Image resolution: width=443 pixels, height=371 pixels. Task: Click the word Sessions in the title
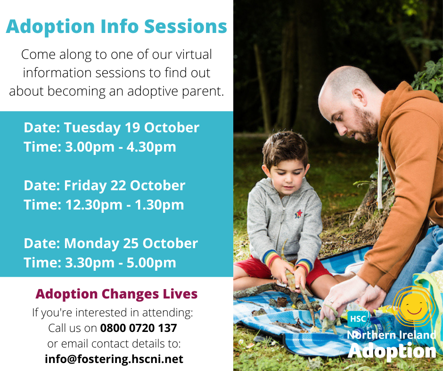pos(186,26)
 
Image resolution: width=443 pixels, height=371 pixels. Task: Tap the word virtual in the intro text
pos(194,55)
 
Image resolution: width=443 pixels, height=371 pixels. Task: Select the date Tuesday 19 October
pos(131,128)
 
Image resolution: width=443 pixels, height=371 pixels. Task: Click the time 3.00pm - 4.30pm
pos(121,147)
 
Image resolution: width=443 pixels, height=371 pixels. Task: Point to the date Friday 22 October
pos(124,185)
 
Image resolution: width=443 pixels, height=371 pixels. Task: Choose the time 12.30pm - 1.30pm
pos(124,205)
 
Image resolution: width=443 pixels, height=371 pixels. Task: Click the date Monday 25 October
pos(131,243)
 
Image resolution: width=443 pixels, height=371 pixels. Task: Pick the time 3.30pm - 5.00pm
pos(121,263)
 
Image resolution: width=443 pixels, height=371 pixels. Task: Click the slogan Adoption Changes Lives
pos(116,294)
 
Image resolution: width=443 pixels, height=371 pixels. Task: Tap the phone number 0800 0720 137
pos(139,328)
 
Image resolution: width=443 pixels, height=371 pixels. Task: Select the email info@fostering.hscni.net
pos(114,359)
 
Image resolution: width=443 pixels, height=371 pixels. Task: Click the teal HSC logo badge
pos(358,319)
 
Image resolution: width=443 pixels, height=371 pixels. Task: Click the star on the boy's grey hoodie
pos(298,213)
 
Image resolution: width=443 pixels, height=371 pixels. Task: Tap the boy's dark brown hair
pos(285,147)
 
